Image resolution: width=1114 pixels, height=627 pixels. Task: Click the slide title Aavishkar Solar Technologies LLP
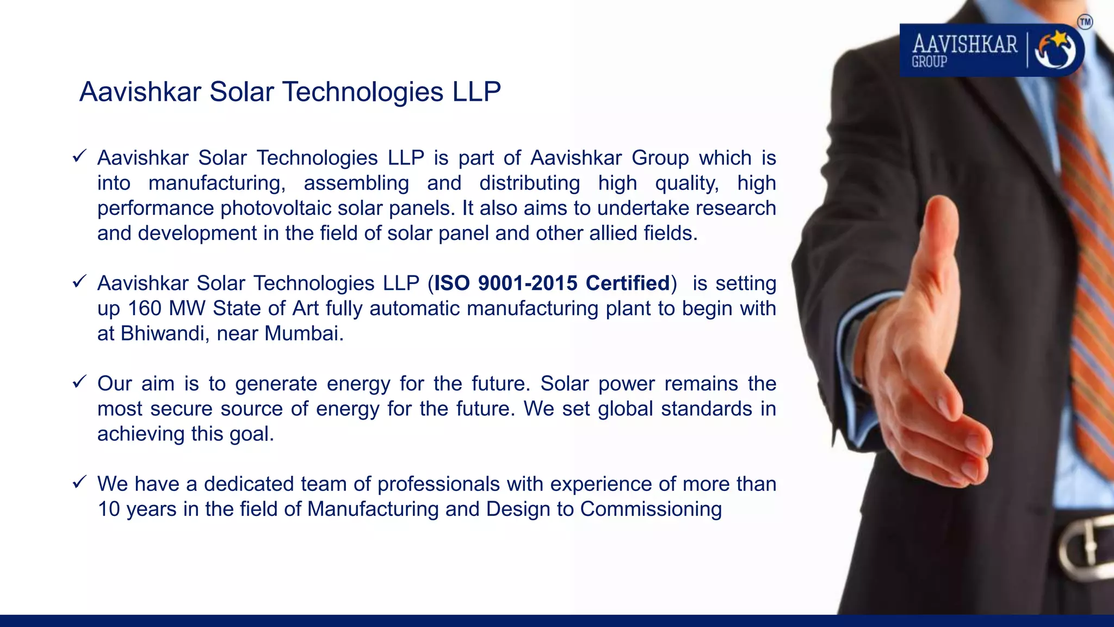pyautogui.click(x=290, y=91)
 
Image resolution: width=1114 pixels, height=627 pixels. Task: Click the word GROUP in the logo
pyautogui.click(x=930, y=62)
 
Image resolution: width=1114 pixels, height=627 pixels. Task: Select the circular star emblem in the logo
pyautogui.click(x=1055, y=50)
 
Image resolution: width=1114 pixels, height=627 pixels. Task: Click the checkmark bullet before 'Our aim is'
pyautogui.click(x=79, y=382)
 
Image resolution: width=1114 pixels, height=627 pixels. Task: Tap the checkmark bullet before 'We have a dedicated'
pyautogui.click(x=79, y=482)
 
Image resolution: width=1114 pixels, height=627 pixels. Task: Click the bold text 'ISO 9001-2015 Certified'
pyautogui.click(x=552, y=283)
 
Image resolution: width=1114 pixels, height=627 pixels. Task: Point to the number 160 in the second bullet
pyautogui.click(x=145, y=308)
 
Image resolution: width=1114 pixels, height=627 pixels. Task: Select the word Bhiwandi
pyautogui.click(x=163, y=333)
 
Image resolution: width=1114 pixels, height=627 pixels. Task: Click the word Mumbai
pyautogui.click(x=304, y=333)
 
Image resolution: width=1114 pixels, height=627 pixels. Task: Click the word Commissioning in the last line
pyautogui.click(x=651, y=509)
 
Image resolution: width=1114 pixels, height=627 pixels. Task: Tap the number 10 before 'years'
pyautogui.click(x=109, y=509)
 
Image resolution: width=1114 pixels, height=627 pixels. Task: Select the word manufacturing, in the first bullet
pyautogui.click(x=216, y=183)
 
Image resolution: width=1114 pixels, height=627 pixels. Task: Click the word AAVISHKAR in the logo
pyautogui.click(x=964, y=44)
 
